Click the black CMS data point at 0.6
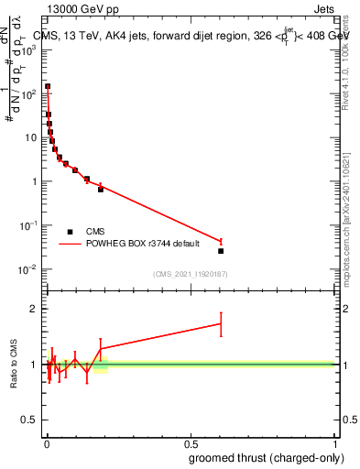pyautogui.click(x=221, y=251)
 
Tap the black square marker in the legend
pyautogui.click(x=70, y=232)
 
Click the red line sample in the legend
pyautogui.click(x=70, y=244)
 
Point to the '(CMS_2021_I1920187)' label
pyautogui.click(x=190, y=273)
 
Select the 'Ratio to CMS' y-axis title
pyautogui.click(x=15, y=364)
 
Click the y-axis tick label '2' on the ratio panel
pyautogui.click(x=34, y=309)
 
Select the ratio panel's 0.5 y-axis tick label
pyautogui.click(x=30, y=420)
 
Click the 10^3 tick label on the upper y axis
pyautogui.click(x=29, y=49)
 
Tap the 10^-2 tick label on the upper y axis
pyautogui.click(x=29, y=268)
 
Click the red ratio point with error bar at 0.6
pyautogui.click(x=221, y=323)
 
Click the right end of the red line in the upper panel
pyautogui.click(x=221, y=242)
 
